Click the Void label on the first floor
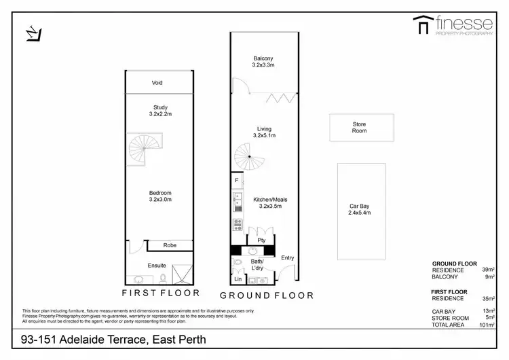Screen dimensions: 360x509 coord(157,83)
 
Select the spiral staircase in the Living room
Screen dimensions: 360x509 coord(249,158)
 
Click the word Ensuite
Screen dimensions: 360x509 coord(157,266)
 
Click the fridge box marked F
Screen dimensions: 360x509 coord(236,181)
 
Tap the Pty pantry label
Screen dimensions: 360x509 coord(261,240)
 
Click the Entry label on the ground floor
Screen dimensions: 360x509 coord(288,257)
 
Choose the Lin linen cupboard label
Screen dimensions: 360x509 coord(238,279)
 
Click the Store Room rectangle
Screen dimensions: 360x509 coord(359,128)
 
